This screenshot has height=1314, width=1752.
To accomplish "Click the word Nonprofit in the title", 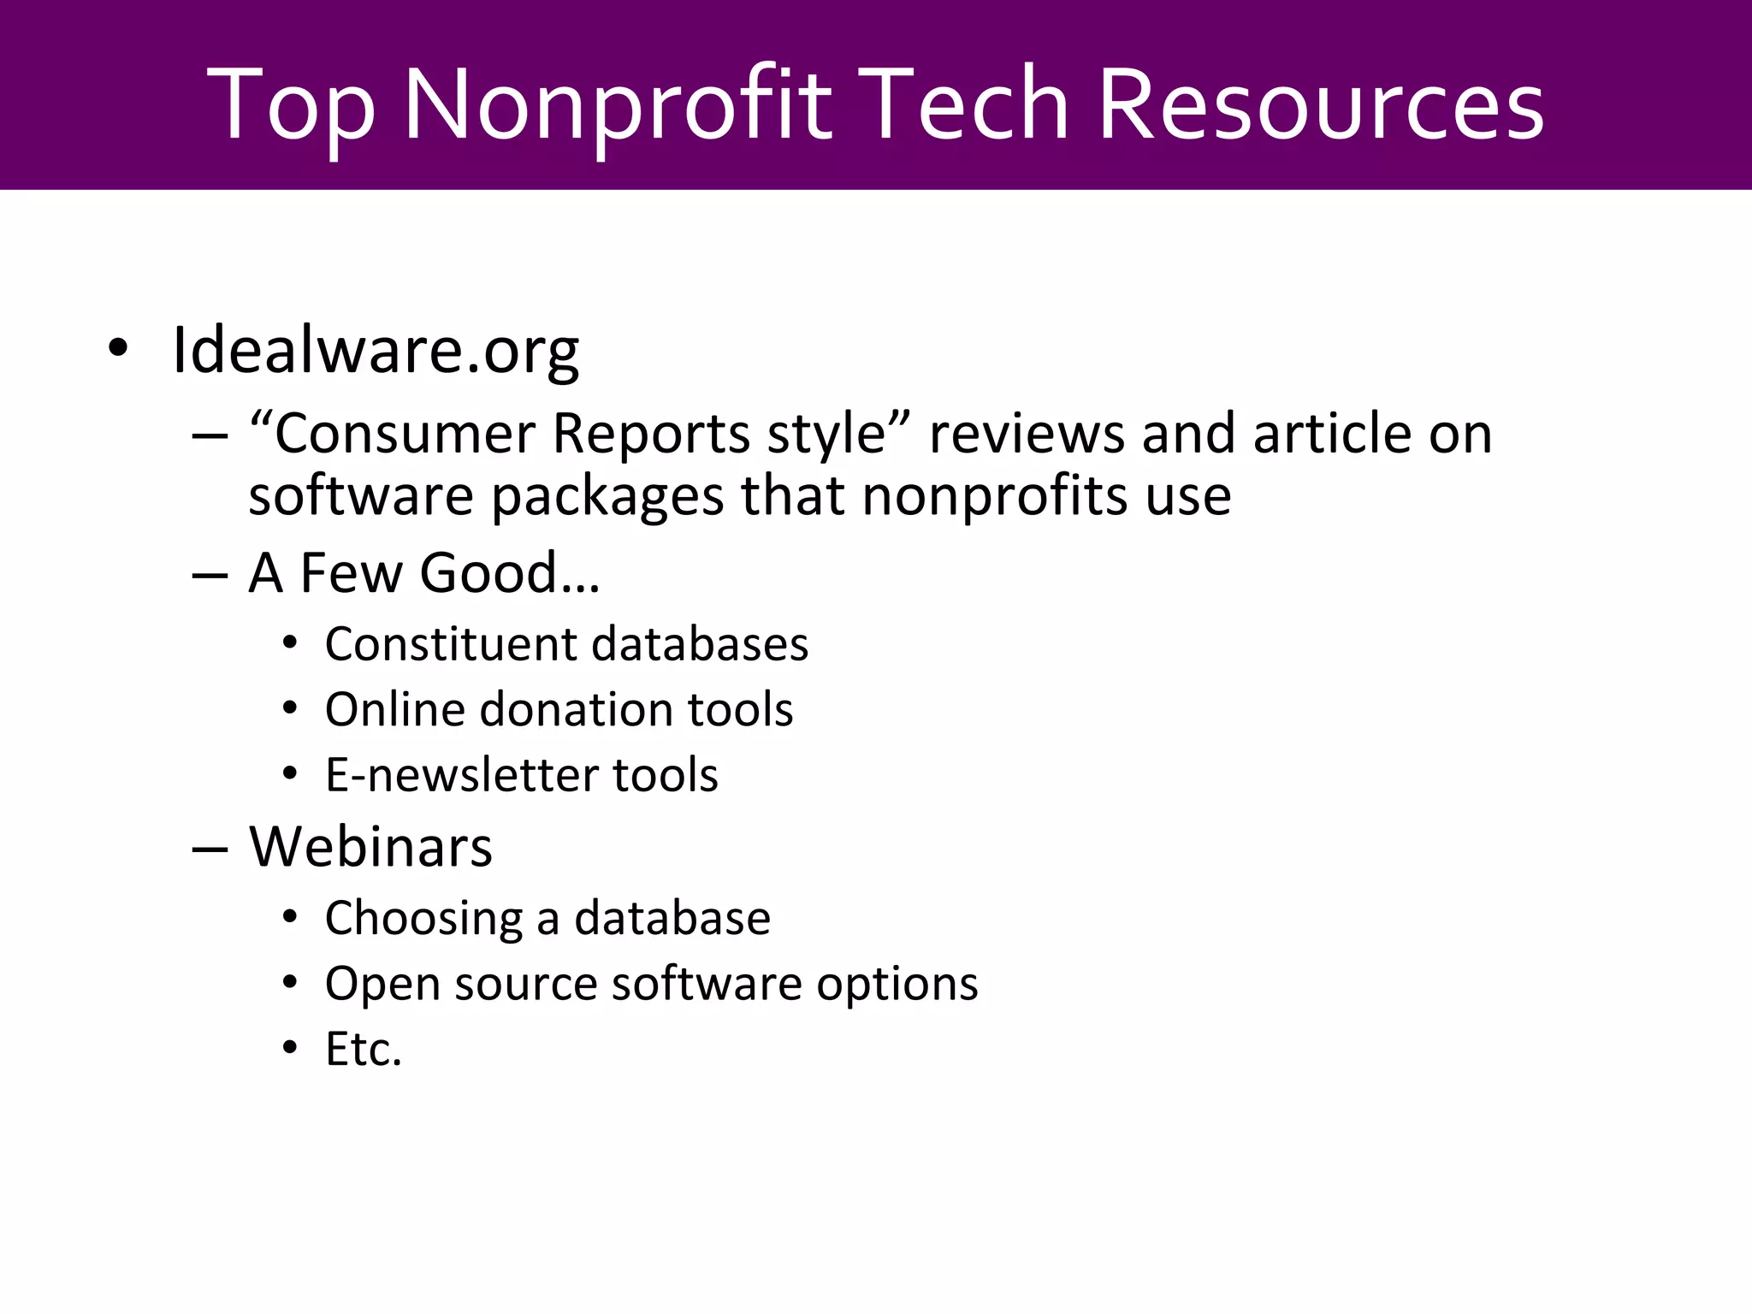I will click(x=617, y=104).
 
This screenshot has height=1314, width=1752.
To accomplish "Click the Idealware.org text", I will click(x=376, y=350).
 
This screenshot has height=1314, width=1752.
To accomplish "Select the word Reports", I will click(x=651, y=433).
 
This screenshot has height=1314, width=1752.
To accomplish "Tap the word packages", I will click(x=607, y=496).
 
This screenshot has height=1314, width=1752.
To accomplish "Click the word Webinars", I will click(x=370, y=847).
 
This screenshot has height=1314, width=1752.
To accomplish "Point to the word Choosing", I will click(x=423, y=919).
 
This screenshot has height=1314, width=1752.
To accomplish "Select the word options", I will click(x=897, y=984).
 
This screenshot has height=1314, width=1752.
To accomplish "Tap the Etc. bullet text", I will click(x=363, y=1049).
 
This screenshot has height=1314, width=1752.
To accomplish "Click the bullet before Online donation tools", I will click(x=290, y=708).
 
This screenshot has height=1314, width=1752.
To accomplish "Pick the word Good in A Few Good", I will click(x=488, y=572).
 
